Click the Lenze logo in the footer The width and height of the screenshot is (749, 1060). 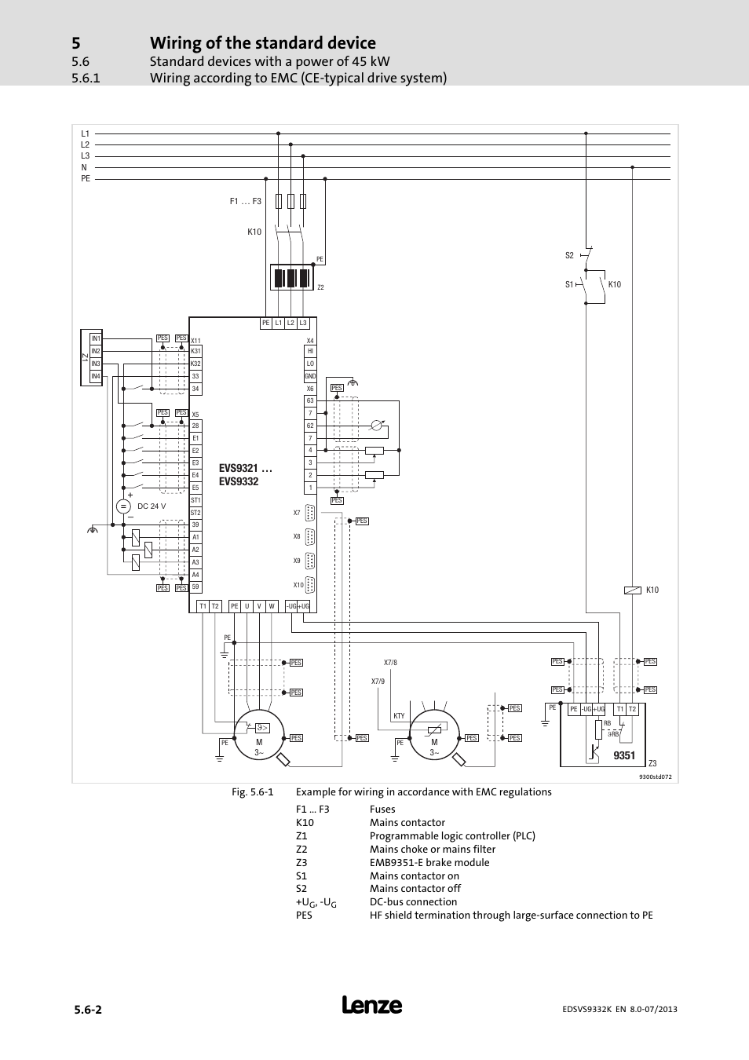372,1005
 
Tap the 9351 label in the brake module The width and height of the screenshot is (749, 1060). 624,755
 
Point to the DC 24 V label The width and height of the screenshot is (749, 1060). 152,506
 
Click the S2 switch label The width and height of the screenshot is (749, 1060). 569,255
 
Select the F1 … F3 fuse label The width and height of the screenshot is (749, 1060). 245,202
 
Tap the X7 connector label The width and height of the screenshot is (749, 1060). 297,513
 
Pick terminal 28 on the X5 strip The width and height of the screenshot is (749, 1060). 195,426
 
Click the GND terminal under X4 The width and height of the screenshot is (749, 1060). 310,376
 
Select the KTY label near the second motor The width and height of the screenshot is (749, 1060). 399,716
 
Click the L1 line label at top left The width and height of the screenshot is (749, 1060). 86,133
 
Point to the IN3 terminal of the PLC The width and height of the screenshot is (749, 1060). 95,364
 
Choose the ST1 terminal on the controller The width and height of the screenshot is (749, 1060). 195,500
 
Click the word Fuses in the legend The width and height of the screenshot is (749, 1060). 382,810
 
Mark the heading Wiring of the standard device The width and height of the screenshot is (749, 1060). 262,43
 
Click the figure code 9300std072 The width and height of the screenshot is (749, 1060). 655,777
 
